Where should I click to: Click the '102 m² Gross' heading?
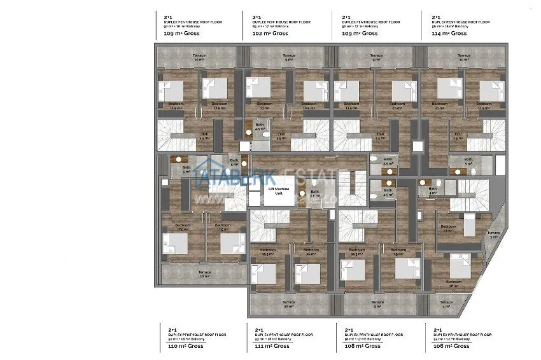tap(270, 33)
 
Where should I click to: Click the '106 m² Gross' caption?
tap(451, 347)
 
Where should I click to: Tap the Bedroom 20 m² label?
tap(397, 106)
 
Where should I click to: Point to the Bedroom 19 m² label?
tap(398, 252)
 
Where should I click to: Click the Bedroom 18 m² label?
tap(454, 283)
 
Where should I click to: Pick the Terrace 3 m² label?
tap(493, 235)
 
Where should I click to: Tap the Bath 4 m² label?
tap(433, 190)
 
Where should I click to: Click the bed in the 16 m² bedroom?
tap(308, 272)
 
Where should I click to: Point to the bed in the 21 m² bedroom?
tap(447, 90)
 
